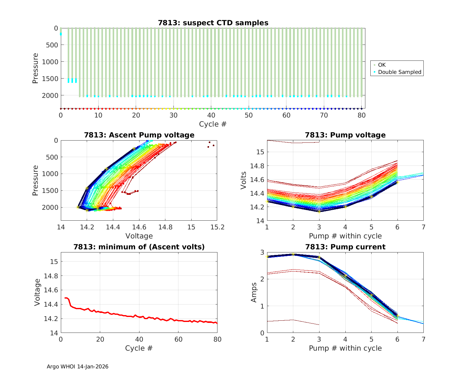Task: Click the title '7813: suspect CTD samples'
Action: pyautogui.click(x=213, y=23)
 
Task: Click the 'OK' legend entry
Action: pyautogui.click(x=382, y=65)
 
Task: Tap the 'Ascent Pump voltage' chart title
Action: pyautogui.click(x=139, y=135)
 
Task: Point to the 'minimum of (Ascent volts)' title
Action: pyautogui.click(x=139, y=247)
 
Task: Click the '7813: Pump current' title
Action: pyautogui.click(x=345, y=247)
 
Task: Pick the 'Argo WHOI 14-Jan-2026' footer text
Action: pyautogui.click(x=78, y=367)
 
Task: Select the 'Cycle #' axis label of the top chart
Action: pyautogui.click(x=213, y=124)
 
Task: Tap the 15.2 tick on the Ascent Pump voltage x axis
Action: pyautogui.click(x=217, y=228)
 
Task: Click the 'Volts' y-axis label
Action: pyautogui.click(x=244, y=180)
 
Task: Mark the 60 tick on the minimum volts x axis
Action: pyautogui.click(x=178, y=339)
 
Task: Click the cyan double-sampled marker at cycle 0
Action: pyautogui.click(x=61, y=34)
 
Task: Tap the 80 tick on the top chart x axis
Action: pyautogui.click(x=361, y=115)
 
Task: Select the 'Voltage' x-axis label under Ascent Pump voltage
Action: pyautogui.click(x=139, y=236)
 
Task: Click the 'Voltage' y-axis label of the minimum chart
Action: pyautogui.click(x=37, y=292)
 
